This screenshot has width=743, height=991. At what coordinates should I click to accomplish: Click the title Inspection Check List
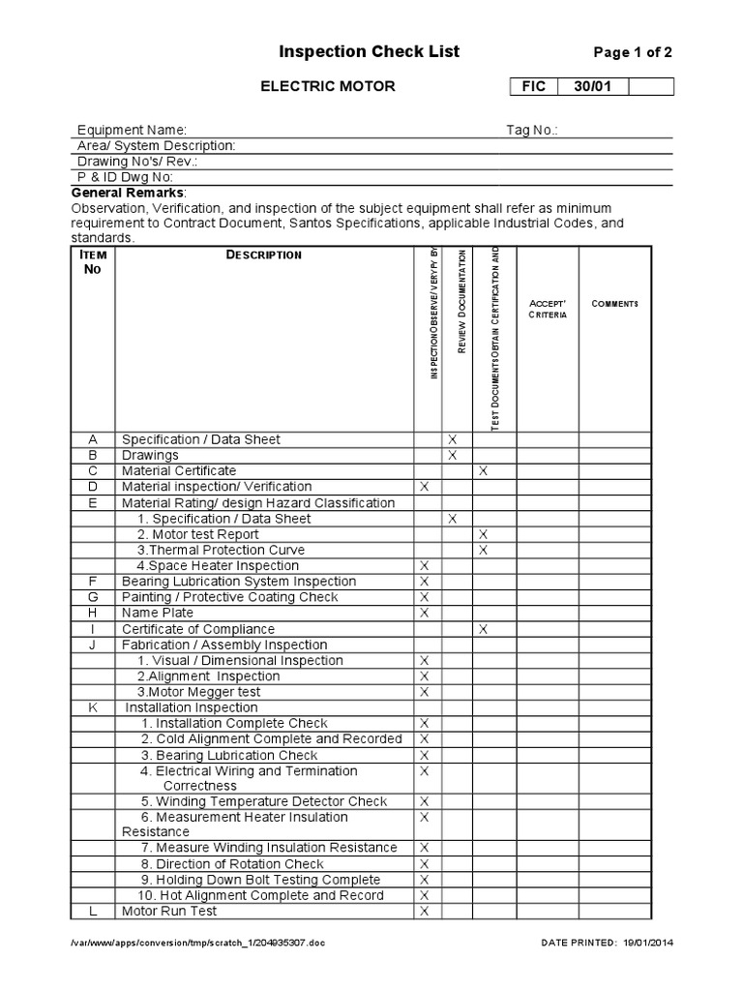click(356, 51)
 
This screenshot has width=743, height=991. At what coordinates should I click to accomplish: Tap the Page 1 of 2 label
click(632, 53)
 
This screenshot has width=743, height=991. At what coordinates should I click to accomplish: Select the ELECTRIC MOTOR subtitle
click(327, 86)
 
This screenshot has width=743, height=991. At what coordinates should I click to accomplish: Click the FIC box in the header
click(534, 87)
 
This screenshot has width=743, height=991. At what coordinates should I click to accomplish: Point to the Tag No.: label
click(532, 130)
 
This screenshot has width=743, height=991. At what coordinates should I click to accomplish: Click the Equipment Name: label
click(132, 130)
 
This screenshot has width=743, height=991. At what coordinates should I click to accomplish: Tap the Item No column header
click(92, 261)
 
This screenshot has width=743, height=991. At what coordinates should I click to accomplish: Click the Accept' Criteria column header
click(547, 309)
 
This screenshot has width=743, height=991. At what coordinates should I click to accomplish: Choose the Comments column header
click(614, 304)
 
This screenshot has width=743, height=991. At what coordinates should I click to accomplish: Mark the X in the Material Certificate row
click(484, 470)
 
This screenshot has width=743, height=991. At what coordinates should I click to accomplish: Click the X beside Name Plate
click(424, 613)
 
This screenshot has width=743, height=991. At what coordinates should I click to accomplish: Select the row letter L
click(93, 911)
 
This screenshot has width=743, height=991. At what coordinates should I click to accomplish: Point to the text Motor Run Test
click(169, 911)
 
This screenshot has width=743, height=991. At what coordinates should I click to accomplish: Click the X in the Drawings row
click(452, 455)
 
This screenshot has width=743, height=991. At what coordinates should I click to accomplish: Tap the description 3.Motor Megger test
click(198, 692)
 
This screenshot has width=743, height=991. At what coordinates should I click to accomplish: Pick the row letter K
click(93, 707)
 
